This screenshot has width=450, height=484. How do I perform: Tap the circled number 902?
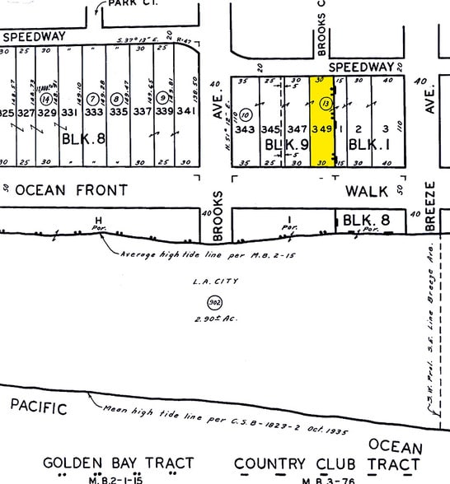point(215,301)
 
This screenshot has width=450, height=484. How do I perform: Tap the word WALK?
point(365,191)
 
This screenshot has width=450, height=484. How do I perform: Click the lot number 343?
point(245,129)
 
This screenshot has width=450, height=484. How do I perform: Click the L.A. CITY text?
point(215,282)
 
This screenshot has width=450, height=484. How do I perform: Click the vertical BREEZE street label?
point(430,203)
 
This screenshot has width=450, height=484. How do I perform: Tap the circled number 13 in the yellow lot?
point(326,104)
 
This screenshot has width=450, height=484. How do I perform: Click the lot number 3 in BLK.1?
point(385,128)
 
